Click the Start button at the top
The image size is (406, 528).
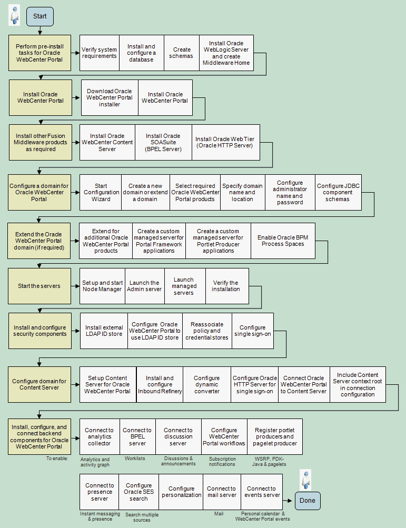click(x=40, y=16)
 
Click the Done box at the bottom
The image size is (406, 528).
click(x=308, y=501)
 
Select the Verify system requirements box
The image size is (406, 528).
click(x=100, y=53)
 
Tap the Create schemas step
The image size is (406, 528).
click(x=182, y=53)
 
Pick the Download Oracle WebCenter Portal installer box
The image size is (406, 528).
click(x=110, y=98)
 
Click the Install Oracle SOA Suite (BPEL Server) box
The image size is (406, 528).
click(x=163, y=143)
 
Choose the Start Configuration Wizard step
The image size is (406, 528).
click(x=101, y=192)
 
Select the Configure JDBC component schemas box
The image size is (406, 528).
click(x=338, y=192)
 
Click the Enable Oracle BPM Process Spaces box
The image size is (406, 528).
click(x=283, y=241)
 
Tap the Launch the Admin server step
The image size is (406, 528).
click(x=144, y=286)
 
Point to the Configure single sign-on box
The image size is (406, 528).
click(x=253, y=331)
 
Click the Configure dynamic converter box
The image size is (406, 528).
click(x=207, y=385)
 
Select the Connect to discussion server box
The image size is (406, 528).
click(x=178, y=437)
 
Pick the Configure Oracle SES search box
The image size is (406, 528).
click(x=139, y=492)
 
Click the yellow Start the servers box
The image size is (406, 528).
click(x=39, y=286)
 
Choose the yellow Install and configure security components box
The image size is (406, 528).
click(x=40, y=331)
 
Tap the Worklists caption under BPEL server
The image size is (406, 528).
click(x=135, y=459)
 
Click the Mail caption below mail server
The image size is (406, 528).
click(x=219, y=513)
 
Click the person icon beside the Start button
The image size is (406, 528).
click(x=14, y=15)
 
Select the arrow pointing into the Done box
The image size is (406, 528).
click(x=288, y=501)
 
